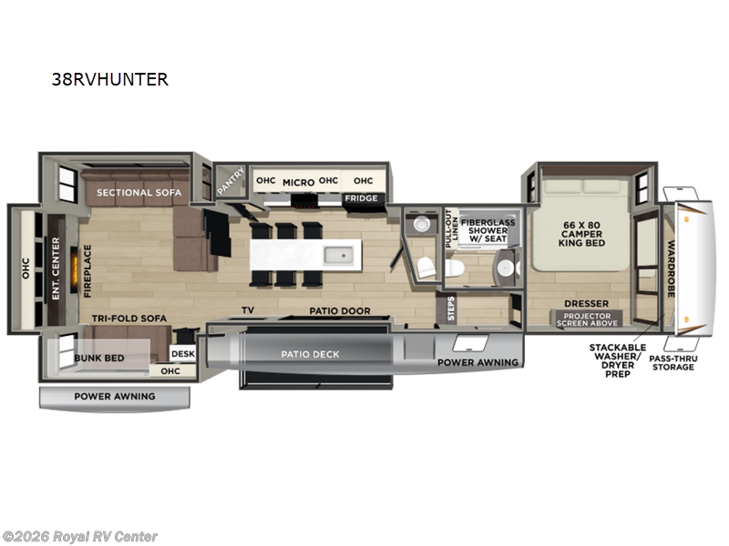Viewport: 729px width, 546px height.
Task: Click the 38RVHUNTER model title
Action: [x=110, y=79]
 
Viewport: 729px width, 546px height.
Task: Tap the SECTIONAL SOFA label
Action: [x=139, y=193]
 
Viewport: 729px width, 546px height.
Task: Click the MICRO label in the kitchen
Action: [x=298, y=182]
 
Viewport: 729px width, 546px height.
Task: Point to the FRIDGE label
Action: [x=360, y=198]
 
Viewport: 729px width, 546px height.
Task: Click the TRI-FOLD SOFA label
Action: [x=127, y=319]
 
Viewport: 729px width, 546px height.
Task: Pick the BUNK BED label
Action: [x=99, y=358]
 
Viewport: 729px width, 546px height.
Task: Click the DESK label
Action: [x=183, y=354]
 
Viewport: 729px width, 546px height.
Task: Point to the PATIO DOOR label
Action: [x=339, y=311]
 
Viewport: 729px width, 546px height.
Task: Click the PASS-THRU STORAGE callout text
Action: [x=673, y=362]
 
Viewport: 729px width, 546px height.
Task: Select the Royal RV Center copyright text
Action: [x=80, y=537]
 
